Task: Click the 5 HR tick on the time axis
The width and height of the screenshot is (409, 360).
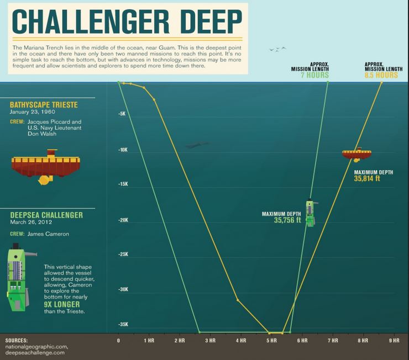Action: (x=271, y=341)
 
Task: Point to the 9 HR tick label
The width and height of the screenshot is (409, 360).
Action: (x=394, y=341)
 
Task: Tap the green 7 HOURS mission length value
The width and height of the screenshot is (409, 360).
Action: (x=314, y=75)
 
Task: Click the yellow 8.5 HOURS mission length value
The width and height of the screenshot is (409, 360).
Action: (x=381, y=75)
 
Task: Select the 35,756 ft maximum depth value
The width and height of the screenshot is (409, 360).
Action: (x=287, y=220)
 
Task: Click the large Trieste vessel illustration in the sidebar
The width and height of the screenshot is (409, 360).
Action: (x=46, y=166)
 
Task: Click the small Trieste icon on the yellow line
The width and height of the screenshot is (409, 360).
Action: (x=356, y=153)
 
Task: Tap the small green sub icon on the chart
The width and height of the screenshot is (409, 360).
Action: (x=311, y=213)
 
